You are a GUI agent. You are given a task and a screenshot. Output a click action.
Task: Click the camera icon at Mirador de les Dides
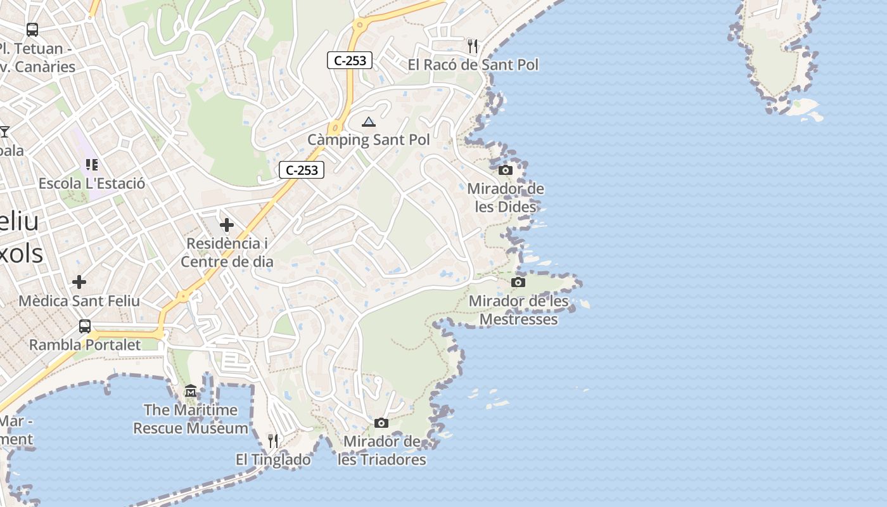(x=506, y=170)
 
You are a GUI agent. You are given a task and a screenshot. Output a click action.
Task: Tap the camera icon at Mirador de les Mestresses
(x=518, y=282)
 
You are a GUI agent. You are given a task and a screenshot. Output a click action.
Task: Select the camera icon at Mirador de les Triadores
(x=381, y=423)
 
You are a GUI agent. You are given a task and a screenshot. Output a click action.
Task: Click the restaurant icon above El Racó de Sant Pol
(x=472, y=46)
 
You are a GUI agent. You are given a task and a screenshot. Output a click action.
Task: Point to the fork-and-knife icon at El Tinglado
(x=273, y=440)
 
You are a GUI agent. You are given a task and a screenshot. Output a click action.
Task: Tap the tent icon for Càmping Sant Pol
(x=369, y=121)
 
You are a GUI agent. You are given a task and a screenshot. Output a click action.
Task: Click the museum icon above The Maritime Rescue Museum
(x=191, y=391)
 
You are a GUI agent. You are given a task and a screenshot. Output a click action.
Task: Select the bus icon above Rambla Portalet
(x=85, y=326)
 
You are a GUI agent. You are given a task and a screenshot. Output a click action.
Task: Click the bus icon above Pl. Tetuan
(x=32, y=29)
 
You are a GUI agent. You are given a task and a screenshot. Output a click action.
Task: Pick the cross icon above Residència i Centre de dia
(x=227, y=224)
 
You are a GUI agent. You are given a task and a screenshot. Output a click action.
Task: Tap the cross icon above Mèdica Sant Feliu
(x=79, y=281)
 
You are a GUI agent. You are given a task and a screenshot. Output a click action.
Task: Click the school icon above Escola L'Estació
(x=92, y=165)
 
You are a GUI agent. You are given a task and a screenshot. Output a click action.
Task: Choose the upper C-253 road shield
(x=350, y=61)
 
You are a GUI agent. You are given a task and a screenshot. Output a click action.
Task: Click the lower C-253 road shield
(x=302, y=170)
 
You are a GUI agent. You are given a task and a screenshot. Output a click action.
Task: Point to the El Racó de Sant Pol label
(x=473, y=65)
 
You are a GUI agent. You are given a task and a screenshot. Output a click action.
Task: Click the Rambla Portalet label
(x=85, y=345)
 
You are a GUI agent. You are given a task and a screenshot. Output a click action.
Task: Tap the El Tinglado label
(x=273, y=459)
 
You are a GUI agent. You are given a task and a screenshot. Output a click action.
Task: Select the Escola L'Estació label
(x=92, y=184)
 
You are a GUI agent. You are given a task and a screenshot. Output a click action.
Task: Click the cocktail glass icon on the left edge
(x=4, y=131)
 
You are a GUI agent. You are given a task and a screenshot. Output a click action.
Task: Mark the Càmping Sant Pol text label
(x=369, y=139)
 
